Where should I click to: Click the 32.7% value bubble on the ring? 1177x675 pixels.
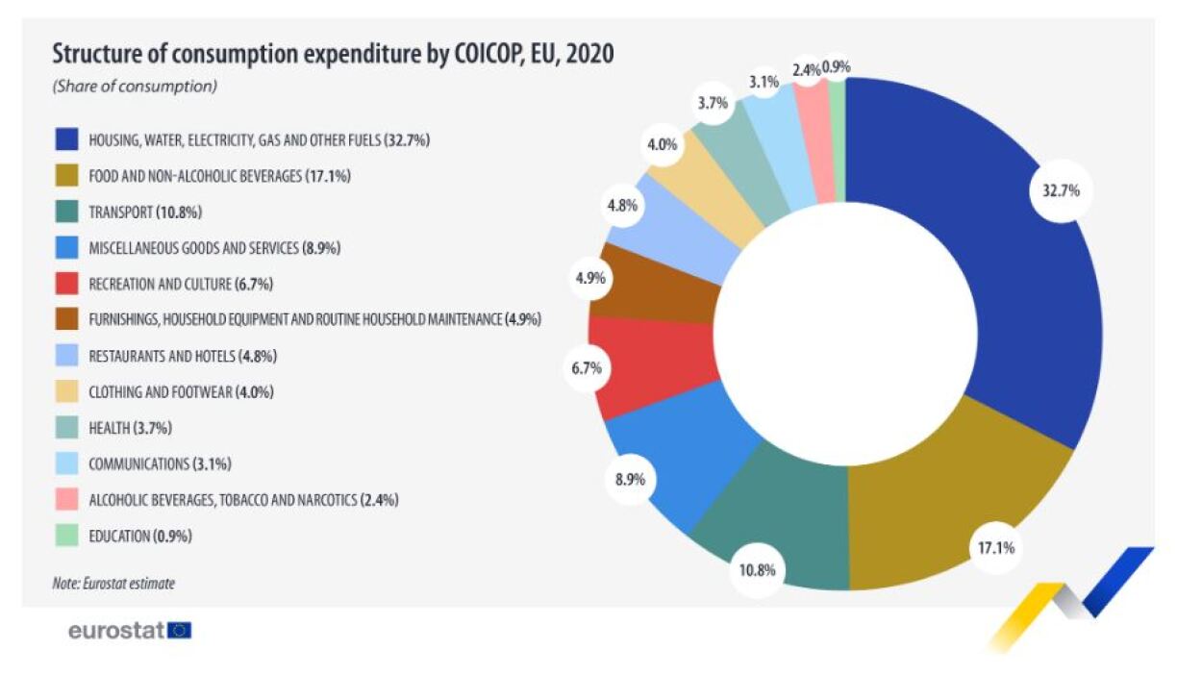(x=1055, y=190)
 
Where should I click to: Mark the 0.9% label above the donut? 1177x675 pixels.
(x=835, y=67)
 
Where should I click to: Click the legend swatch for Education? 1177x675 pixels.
(x=65, y=536)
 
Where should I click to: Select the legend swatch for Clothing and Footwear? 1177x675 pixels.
(x=65, y=391)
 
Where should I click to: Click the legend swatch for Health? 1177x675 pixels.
(x=65, y=428)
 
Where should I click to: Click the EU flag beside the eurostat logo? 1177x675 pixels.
(x=180, y=631)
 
